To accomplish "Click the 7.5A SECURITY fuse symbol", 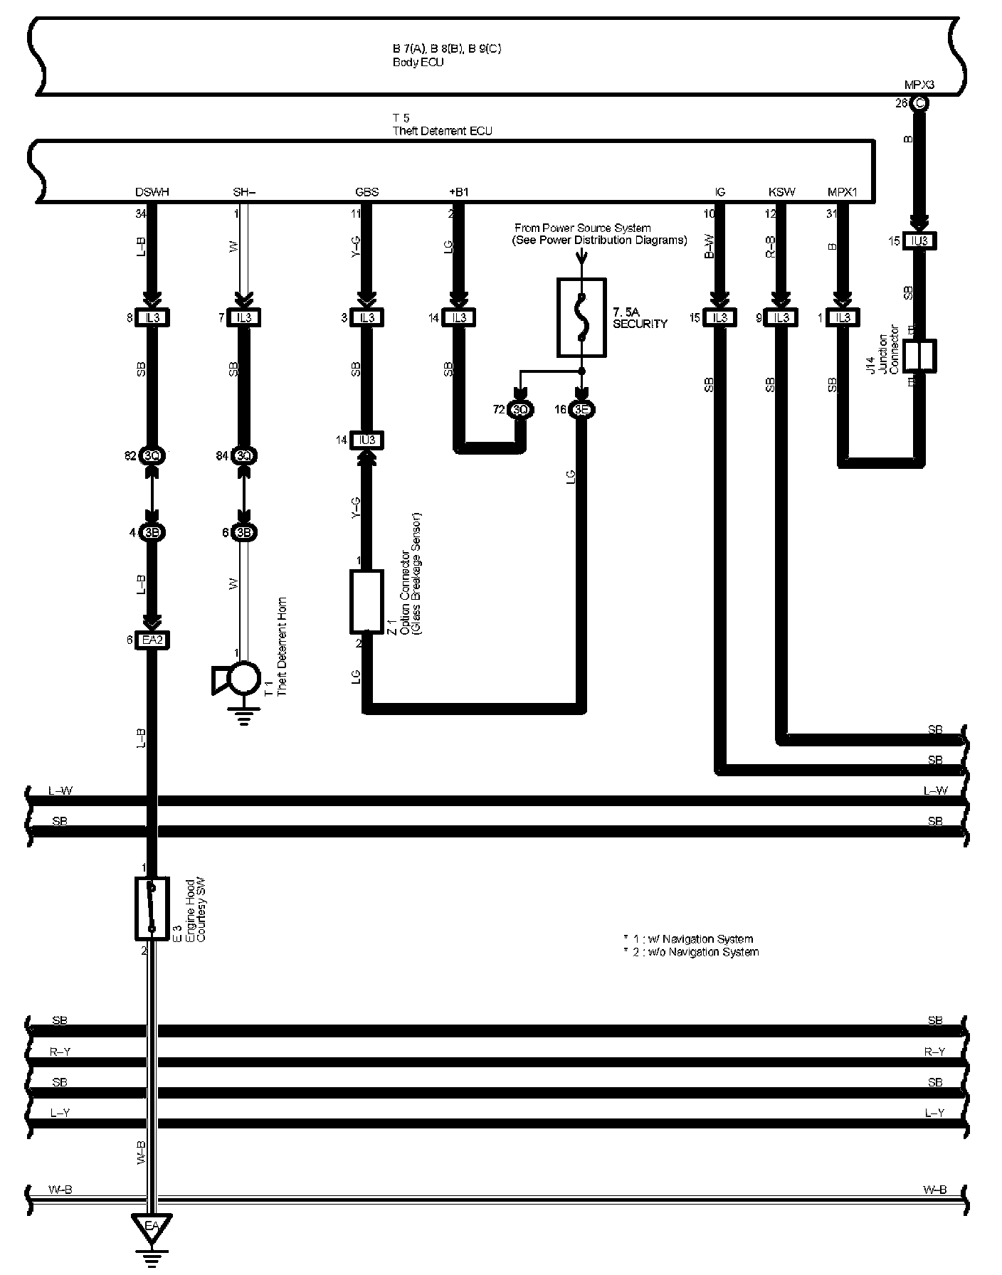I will point(581,317).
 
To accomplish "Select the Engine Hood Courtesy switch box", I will point(152,908).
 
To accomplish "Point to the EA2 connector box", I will point(152,640).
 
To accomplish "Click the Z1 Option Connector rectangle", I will point(366,601).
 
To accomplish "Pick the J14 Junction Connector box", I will point(919,356).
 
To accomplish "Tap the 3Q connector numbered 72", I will point(521,410).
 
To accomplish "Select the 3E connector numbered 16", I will point(582,410).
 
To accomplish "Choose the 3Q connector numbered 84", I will point(244,455).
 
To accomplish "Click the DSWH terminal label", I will point(152,192).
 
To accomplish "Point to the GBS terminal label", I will point(366,192).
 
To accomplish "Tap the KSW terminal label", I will point(781,192).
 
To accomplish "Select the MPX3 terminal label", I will point(919,85).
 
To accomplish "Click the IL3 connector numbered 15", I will point(719,317).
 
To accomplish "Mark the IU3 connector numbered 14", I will point(366,440).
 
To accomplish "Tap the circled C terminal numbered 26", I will point(919,103).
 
